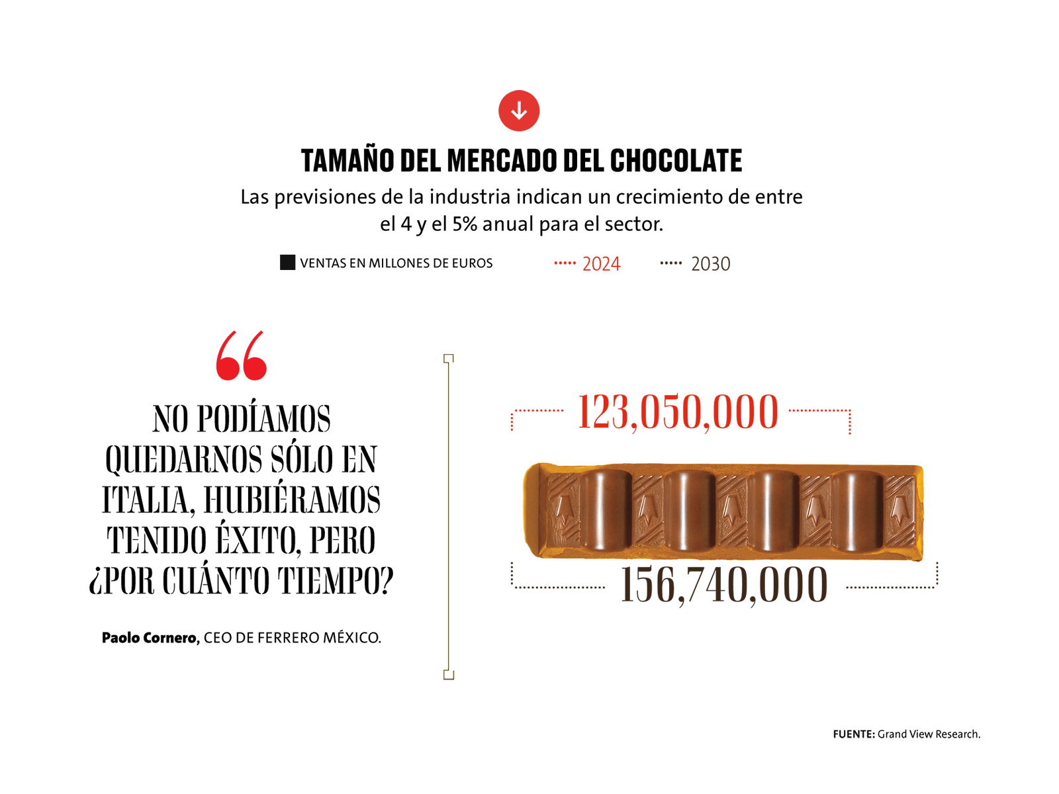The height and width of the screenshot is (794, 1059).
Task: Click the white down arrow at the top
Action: click(x=519, y=110)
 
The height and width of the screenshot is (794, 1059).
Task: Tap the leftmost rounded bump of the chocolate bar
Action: click(x=604, y=509)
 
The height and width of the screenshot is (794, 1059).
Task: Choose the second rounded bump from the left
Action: click(x=688, y=509)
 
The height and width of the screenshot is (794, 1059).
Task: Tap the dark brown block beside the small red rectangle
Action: click(x=718, y=285)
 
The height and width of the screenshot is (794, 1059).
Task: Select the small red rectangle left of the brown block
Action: click(x=582, y=285)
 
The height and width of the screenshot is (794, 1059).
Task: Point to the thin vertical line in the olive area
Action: click(x=449, y=516)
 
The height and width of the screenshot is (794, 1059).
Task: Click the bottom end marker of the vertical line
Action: click(x=449, y=674)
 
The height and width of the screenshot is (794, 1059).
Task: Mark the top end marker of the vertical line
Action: click(x=449, y=357)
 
